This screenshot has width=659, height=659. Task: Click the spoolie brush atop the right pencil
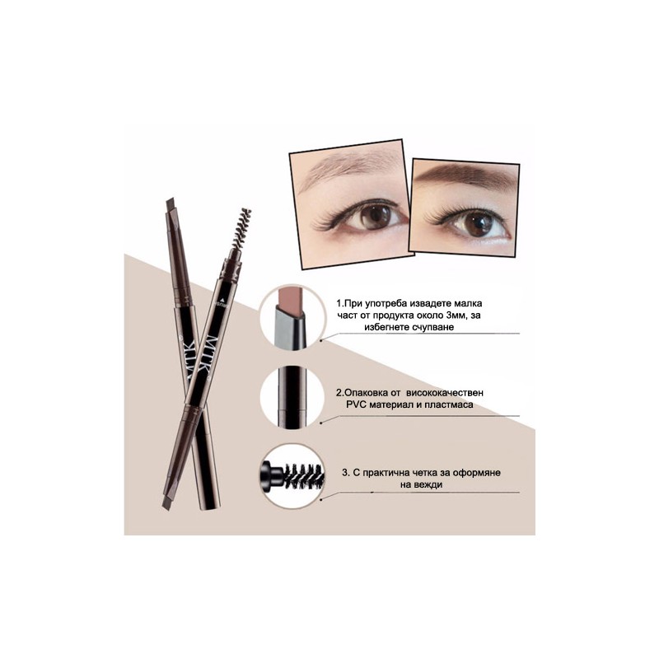pyautogui.click(x=241, y=228)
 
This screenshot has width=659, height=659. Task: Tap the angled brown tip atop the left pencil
pyautogui.click(x=171, y=205)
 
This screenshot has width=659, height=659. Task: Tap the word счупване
pyautogui.click(x=432, y=327)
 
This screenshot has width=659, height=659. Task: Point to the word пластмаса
pyautogui.click(x=449, y=404)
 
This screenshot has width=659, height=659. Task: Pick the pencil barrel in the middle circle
pyautogui.click(x=292, y=397)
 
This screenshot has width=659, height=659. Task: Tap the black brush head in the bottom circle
pyautogui.click(x=303, y=477)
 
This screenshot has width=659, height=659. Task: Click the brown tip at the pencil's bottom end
pyautogui.click(x=166, y=503)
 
